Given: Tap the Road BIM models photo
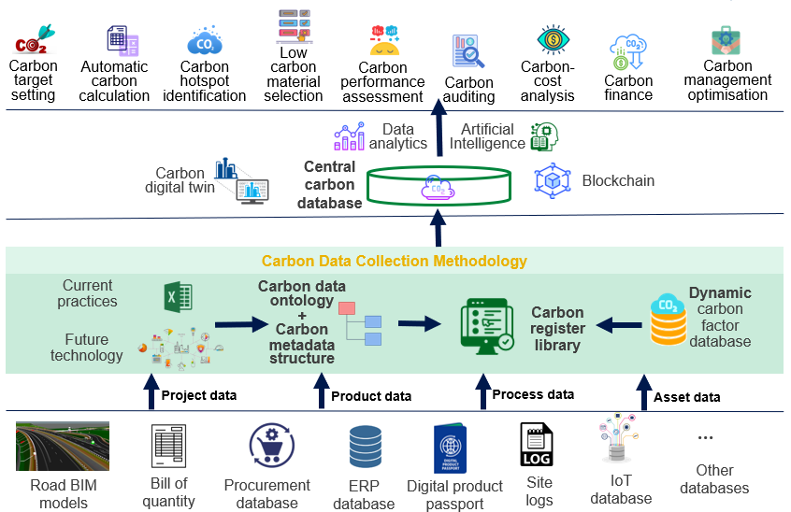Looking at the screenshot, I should click(62, 447).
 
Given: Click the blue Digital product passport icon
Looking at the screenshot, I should click(455, 448).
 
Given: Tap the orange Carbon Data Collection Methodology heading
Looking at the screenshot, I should click(394, 262).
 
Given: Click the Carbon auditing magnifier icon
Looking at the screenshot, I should click(467, 52).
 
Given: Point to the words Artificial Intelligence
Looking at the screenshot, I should click(486, 136).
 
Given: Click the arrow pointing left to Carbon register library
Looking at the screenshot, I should click(617, 325).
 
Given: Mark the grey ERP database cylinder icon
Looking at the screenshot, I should click(364, 447).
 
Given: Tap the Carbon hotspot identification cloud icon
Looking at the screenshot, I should click(205, 42).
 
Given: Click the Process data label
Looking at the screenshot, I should click(533, 394).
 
